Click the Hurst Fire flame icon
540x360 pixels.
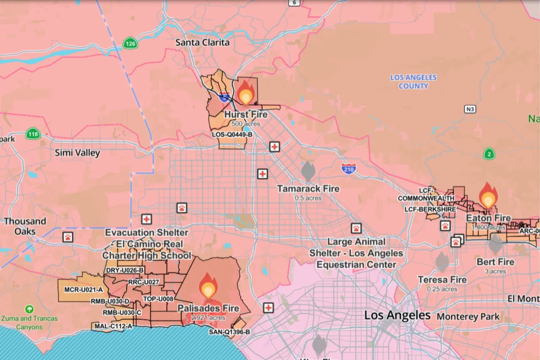246,93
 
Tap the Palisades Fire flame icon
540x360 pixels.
208,286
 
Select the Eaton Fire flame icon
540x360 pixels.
488,196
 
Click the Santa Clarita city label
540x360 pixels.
202,43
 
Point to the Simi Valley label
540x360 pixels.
77,153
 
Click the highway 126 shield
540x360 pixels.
130,44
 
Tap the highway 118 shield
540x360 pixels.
33,134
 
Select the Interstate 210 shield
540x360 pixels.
349,169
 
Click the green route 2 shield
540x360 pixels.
489,154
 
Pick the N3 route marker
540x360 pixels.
470,109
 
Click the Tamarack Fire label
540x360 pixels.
308,189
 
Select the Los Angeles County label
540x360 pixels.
413,81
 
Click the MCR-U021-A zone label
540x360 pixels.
84,289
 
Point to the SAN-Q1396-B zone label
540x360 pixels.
229,332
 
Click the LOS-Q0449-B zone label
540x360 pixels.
232,135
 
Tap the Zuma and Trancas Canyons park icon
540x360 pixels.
29,309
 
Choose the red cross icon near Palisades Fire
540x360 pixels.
268,307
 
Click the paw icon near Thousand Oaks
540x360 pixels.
67,237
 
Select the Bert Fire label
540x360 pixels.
495,262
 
